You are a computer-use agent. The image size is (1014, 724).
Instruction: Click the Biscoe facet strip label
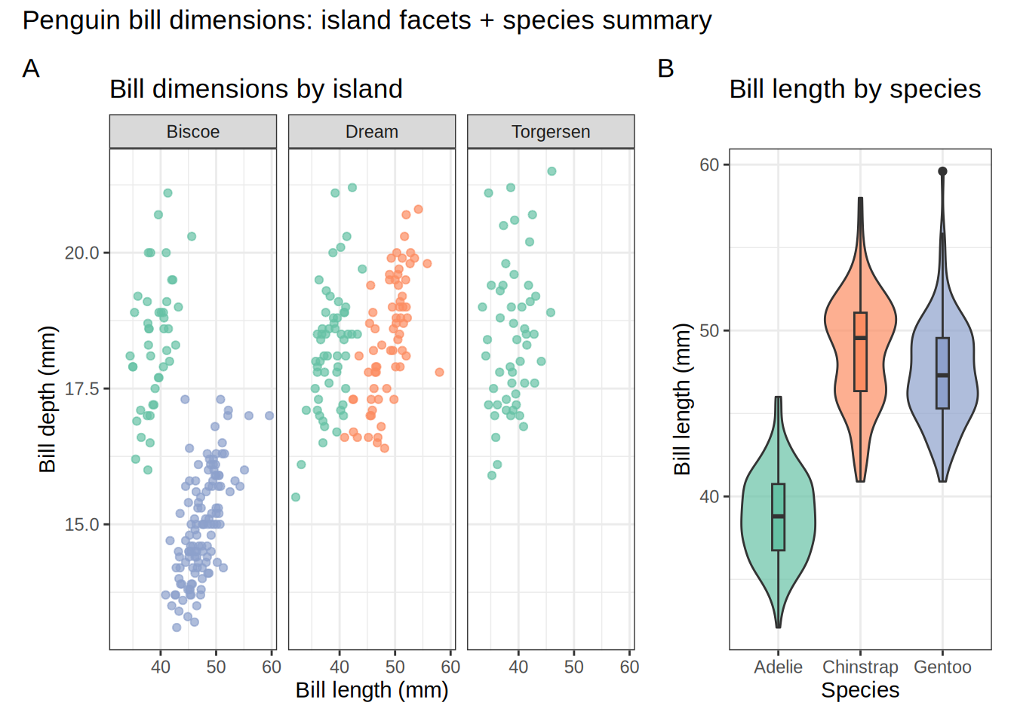(193, 132)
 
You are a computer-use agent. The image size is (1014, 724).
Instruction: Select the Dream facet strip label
(372, 132)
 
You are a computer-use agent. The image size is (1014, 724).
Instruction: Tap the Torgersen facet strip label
(551, 132)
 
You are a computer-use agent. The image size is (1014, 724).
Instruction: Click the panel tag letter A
(31, 69)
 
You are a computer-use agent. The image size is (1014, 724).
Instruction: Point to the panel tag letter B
(665, 69)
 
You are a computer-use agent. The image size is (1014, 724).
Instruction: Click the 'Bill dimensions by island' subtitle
(256, 89)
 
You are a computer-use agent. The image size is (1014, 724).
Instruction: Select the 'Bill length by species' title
(855, 89)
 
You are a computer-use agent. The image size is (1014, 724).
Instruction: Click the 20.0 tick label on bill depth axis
(81, 253)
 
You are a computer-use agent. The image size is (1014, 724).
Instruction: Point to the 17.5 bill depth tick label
(81, 388)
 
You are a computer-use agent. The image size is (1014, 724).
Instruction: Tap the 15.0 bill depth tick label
(81, 524)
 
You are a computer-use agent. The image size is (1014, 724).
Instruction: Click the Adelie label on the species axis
(778, 667)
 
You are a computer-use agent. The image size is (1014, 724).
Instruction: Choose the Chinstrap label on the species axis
(860, 667)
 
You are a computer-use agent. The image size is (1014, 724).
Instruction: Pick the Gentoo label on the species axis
(942, 667)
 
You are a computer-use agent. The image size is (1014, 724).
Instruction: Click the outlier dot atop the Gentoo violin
(942, 171)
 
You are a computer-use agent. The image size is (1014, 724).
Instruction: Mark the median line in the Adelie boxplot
(779, 516)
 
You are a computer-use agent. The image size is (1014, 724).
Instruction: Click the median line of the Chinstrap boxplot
(860, 338)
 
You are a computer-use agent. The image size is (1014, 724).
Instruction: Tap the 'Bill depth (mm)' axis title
(48, 399)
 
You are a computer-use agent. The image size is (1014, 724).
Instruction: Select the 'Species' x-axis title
(860, 690)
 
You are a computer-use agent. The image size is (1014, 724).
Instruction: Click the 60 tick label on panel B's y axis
(709, 165)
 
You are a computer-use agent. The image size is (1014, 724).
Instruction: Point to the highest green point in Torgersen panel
(552, 171)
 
